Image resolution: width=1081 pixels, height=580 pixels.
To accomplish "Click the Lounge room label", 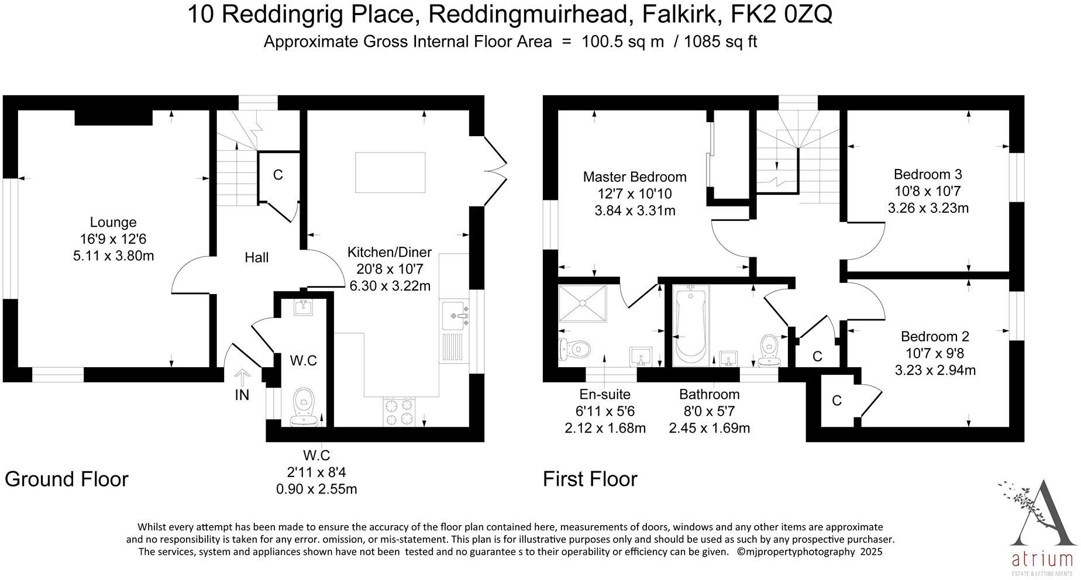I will tap(113, 222).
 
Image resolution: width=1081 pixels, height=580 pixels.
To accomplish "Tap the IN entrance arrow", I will tap(242, 377).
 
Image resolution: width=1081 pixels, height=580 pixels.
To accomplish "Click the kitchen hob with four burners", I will tap(399, 412).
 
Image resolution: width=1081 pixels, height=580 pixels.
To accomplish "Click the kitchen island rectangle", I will tap(391, 172).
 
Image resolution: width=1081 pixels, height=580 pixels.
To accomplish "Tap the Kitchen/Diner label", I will tap(389, 252).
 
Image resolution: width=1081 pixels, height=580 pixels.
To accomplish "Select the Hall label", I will tap(256, 257).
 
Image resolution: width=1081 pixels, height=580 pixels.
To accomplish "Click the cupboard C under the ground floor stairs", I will tap(278, 175).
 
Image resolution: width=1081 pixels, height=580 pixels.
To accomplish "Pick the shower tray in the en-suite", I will tap(583, 303).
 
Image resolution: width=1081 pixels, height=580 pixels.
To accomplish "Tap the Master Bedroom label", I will tap(634, 177).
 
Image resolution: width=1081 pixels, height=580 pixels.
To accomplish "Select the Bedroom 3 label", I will tap(928, 174).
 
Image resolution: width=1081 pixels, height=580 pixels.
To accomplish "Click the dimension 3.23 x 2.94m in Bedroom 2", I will tap(935, 370).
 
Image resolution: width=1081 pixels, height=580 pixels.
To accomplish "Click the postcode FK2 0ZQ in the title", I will tap(782, 15).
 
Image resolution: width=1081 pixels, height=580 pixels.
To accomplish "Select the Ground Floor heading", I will tap(67, 479).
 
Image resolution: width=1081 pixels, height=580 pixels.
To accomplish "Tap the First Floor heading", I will tap(590, 479).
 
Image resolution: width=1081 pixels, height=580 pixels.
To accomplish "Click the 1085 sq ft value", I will tap(720, 42).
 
